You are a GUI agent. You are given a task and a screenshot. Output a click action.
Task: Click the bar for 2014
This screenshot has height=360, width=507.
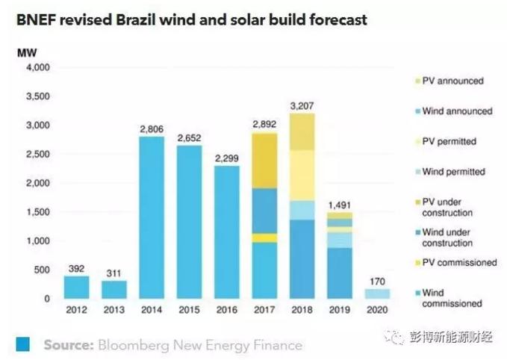(x=152, y=217)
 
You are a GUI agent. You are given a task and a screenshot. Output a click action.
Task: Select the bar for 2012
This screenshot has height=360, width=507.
(x=75, y=288)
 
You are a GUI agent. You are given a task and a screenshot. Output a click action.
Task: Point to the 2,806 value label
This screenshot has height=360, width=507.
(x=152, y=129)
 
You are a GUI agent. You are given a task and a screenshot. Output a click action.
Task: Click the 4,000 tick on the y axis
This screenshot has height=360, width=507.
(x=36, y=68)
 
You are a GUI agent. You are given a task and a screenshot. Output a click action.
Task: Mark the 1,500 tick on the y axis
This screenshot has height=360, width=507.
(x=36, y=212)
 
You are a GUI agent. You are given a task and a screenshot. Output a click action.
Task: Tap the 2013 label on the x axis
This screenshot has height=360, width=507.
(x=113, y=309)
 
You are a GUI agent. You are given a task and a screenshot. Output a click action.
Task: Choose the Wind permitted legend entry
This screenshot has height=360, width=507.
(x=453, y=172)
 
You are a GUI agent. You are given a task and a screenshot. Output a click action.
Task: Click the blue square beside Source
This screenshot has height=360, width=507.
(x=22, y=344)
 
